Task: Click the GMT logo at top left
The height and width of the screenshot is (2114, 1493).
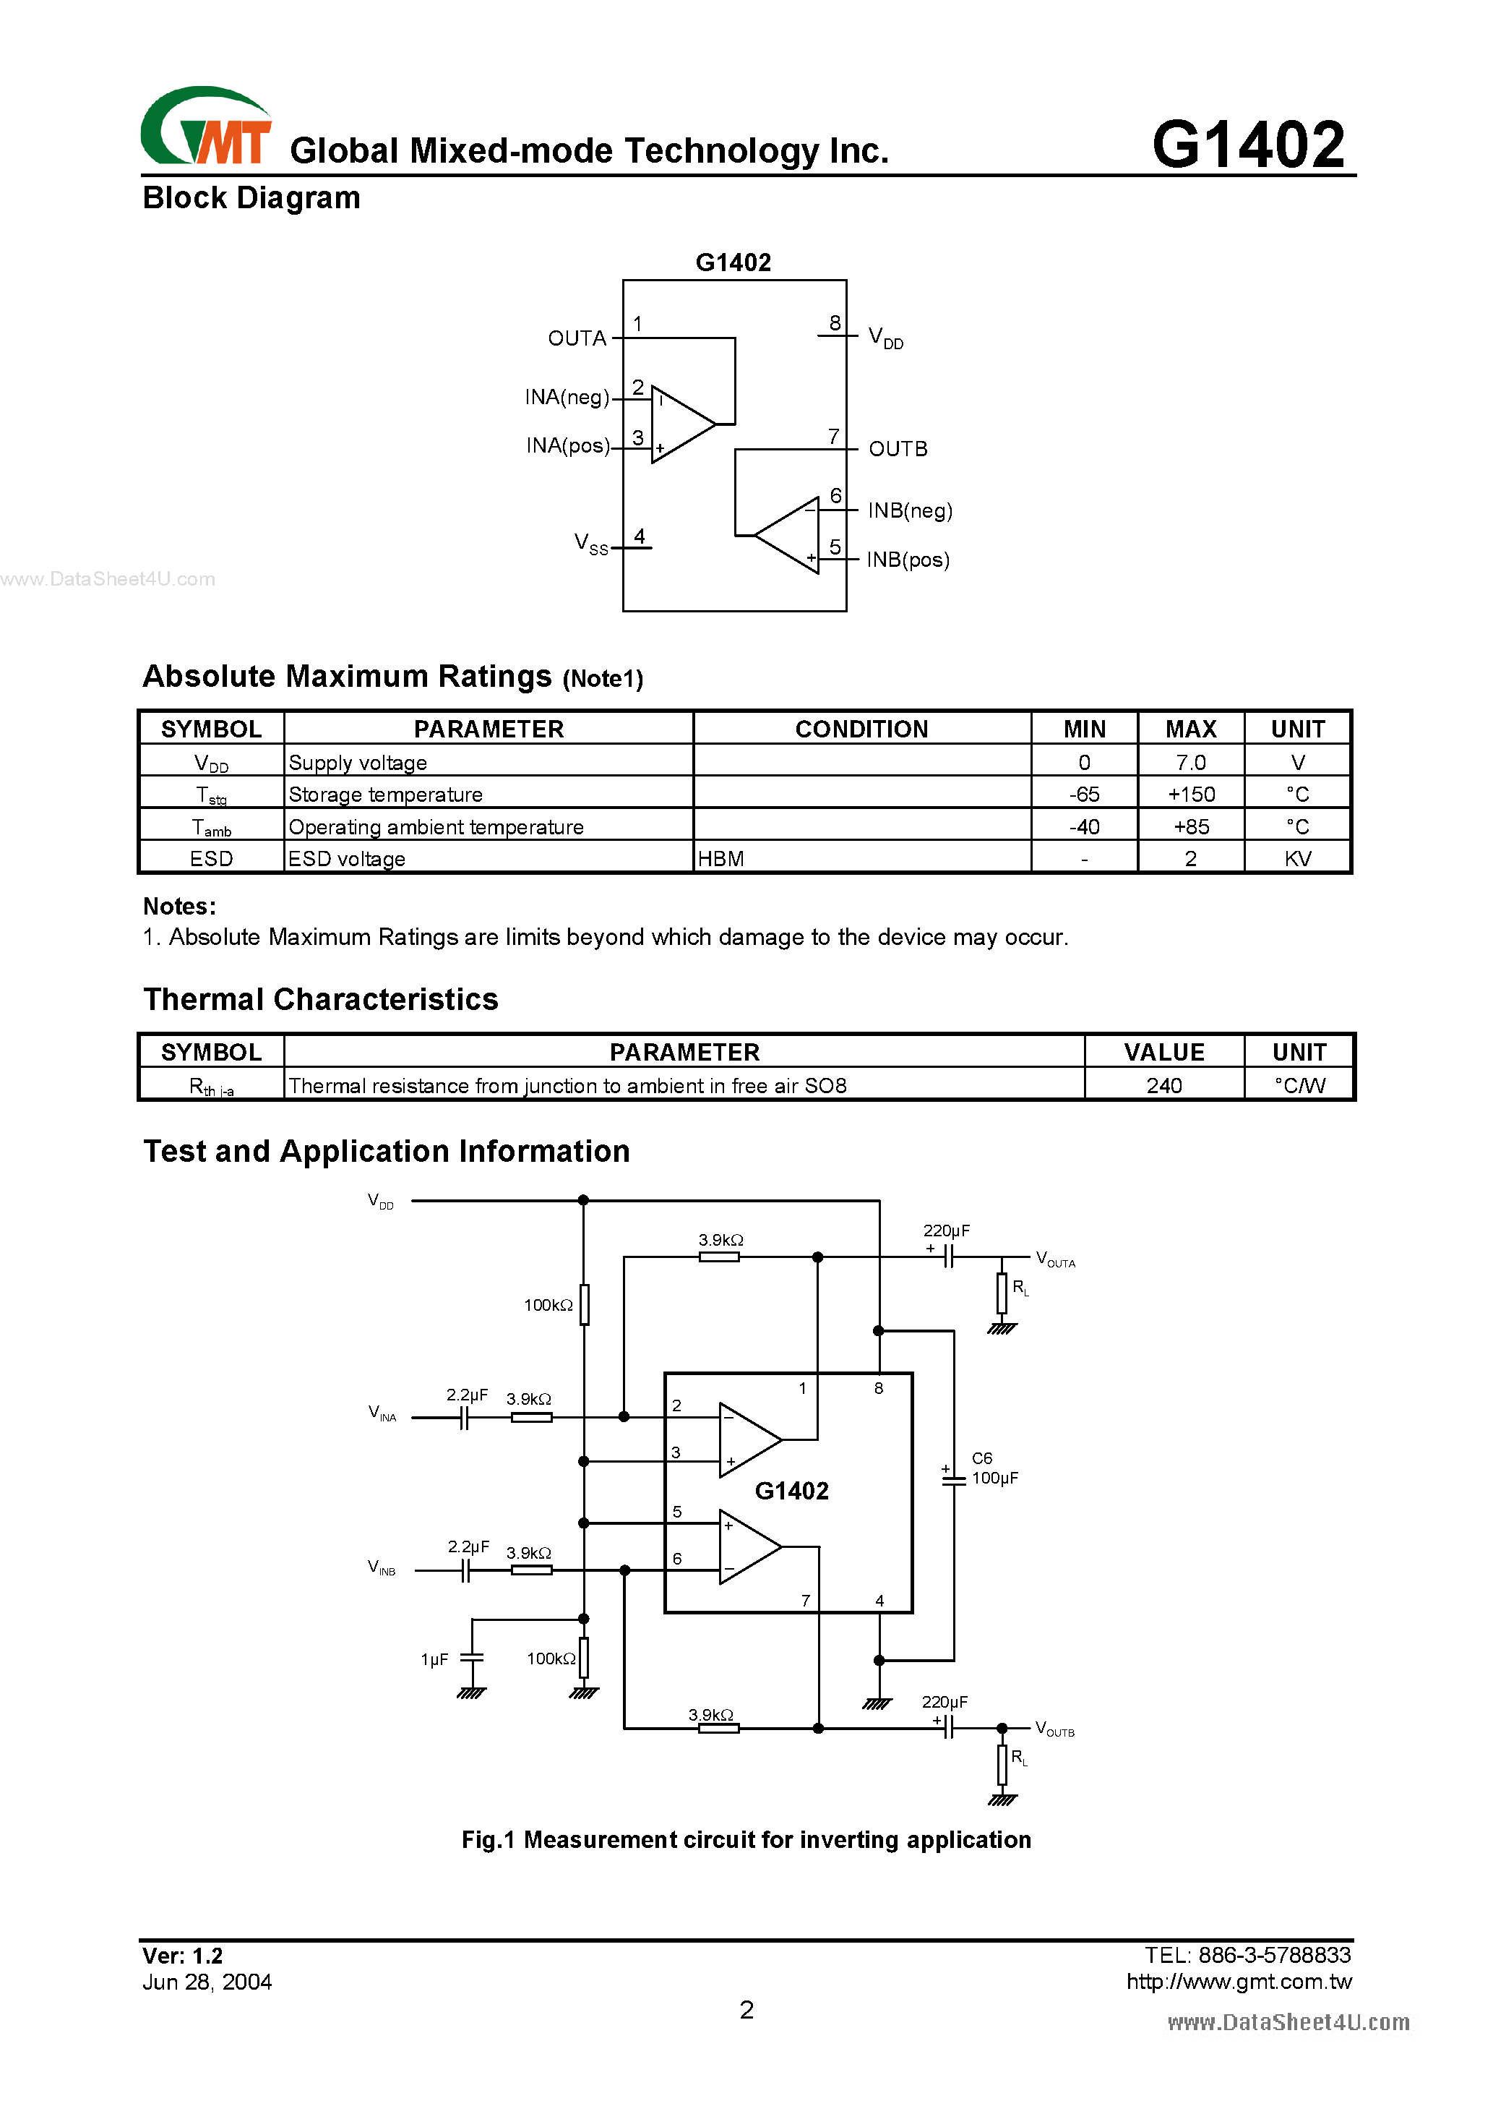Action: [206, 128]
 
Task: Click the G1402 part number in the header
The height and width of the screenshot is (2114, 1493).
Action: [1247, 145]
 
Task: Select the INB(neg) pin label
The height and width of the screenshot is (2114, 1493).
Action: [909, 511]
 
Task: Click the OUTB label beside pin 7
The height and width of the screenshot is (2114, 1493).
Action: [898, 449]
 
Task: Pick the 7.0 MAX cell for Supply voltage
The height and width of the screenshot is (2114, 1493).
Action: [1190, 762]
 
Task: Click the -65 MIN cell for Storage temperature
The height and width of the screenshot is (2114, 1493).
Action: [1083, 795]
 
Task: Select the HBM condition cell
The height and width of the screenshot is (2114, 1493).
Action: [720, 859]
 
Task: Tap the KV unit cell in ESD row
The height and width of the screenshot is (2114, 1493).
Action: [1297, 859]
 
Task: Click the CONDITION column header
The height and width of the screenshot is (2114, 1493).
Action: [861, 729]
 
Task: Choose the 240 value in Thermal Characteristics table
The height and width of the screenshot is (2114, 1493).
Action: [1163, 1085]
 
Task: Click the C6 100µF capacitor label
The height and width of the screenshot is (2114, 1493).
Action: [993, 1468]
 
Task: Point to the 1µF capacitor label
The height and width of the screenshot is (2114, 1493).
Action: [434, 1659]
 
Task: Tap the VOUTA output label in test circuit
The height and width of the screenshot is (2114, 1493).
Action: [1055, 1259]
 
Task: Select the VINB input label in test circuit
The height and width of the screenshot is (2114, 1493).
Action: [381, 1567]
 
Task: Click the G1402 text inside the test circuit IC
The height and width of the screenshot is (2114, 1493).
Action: [791, 1491]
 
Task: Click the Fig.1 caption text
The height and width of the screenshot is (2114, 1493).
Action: [746, 1839]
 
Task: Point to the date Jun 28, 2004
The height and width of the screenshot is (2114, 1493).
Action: [207, 1982]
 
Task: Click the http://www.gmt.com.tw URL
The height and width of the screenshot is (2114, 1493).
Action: [1238, 1982]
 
